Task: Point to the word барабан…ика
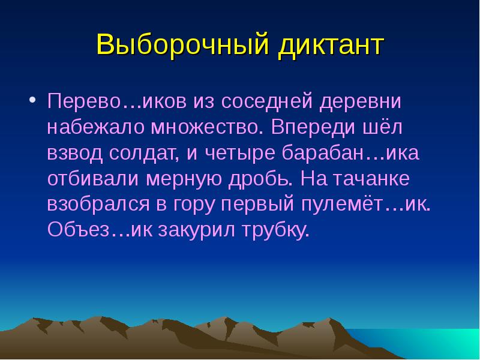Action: click(350, 153)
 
